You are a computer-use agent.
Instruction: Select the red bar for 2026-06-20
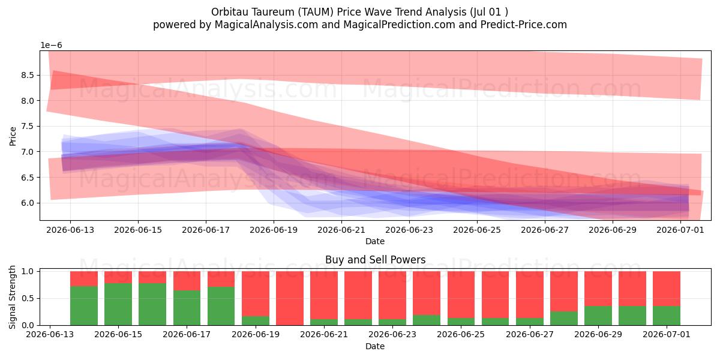tap(290, 298)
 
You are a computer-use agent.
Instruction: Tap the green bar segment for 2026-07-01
tap(667, 316)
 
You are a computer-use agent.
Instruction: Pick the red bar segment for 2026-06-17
tap(187, 281)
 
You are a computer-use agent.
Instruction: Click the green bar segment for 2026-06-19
tap(256, 321)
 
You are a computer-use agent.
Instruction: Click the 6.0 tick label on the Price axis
tap(28, 203)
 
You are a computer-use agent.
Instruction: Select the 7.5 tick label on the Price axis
tap(28, 126)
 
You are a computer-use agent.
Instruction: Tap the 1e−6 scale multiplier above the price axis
tap(51, 46)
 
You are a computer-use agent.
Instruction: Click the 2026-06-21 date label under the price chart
tap(341, 230)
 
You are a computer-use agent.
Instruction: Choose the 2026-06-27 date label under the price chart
tap(545, 230)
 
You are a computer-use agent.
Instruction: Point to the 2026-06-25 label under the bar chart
tap(461, 335)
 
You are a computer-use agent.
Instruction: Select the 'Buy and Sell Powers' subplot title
tap(376, 260)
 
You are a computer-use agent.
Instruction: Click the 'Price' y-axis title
tap(13, 136)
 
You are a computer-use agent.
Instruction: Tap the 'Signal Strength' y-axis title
tap(12, 298)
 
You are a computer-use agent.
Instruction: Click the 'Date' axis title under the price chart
tap(375, 241)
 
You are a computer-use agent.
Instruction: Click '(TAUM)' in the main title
tap(316, 12)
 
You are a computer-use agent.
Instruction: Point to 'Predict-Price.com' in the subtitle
tap(524, 25)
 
